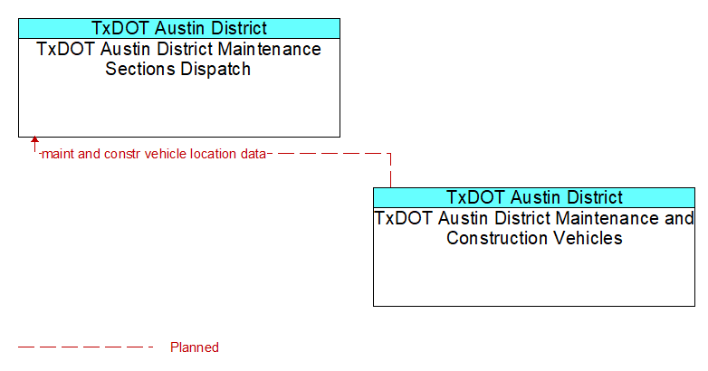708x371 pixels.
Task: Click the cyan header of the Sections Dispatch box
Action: pyautogui.click(x=179, y=28)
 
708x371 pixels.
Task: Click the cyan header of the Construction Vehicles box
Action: pyautogui.click(x=534, y=197)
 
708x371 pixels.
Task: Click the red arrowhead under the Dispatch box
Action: pyautogui.click(x=34, y=139)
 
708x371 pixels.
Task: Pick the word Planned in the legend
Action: pyautogui.click(x=194, y=347)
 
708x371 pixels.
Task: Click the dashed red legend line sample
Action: pyautogui.click(x=85, y=347)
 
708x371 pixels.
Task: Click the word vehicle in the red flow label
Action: pyautogui.click(x=166, y=154)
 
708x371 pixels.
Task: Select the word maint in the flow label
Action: pyautogui.click(x=57, y=154)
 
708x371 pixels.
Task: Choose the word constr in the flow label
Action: pyautogui.click(x=122, y=154)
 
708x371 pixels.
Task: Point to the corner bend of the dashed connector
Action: pyautogui.click(x=390, y=154)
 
